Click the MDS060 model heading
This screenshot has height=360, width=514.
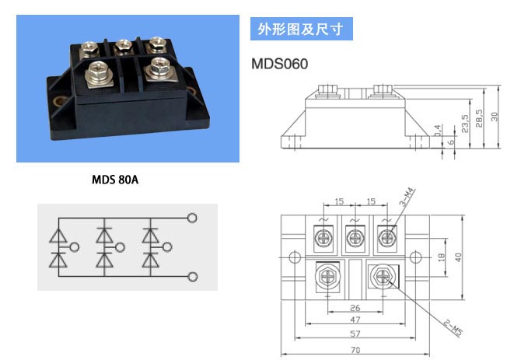(279, 64)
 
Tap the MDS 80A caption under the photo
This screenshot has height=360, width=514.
(115, 180)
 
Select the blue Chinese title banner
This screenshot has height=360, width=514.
(302, 29)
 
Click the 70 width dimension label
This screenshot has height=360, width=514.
(355, 350)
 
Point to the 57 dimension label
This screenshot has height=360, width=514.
(355, 334)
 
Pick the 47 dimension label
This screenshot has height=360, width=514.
(355, 320)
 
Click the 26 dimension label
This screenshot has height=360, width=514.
(355, 308)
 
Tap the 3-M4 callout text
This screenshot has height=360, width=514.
(407, 197)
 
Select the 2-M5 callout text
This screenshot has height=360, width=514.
(453, 327)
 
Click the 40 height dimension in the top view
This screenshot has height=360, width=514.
(458, 257)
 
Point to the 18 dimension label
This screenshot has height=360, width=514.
(441, 257)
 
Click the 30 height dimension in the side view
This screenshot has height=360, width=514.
(494, 117)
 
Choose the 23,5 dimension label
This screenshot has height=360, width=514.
(464, 124)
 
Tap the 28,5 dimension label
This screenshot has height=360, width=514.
(479, 118)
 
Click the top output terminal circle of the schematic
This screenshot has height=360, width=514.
(192, 218)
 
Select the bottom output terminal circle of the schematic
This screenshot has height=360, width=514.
(192, 277)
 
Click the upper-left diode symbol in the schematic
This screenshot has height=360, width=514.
(58, 236)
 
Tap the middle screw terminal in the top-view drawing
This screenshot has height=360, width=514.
(355, 237)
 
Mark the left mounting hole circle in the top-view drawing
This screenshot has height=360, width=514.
(295, 257)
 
